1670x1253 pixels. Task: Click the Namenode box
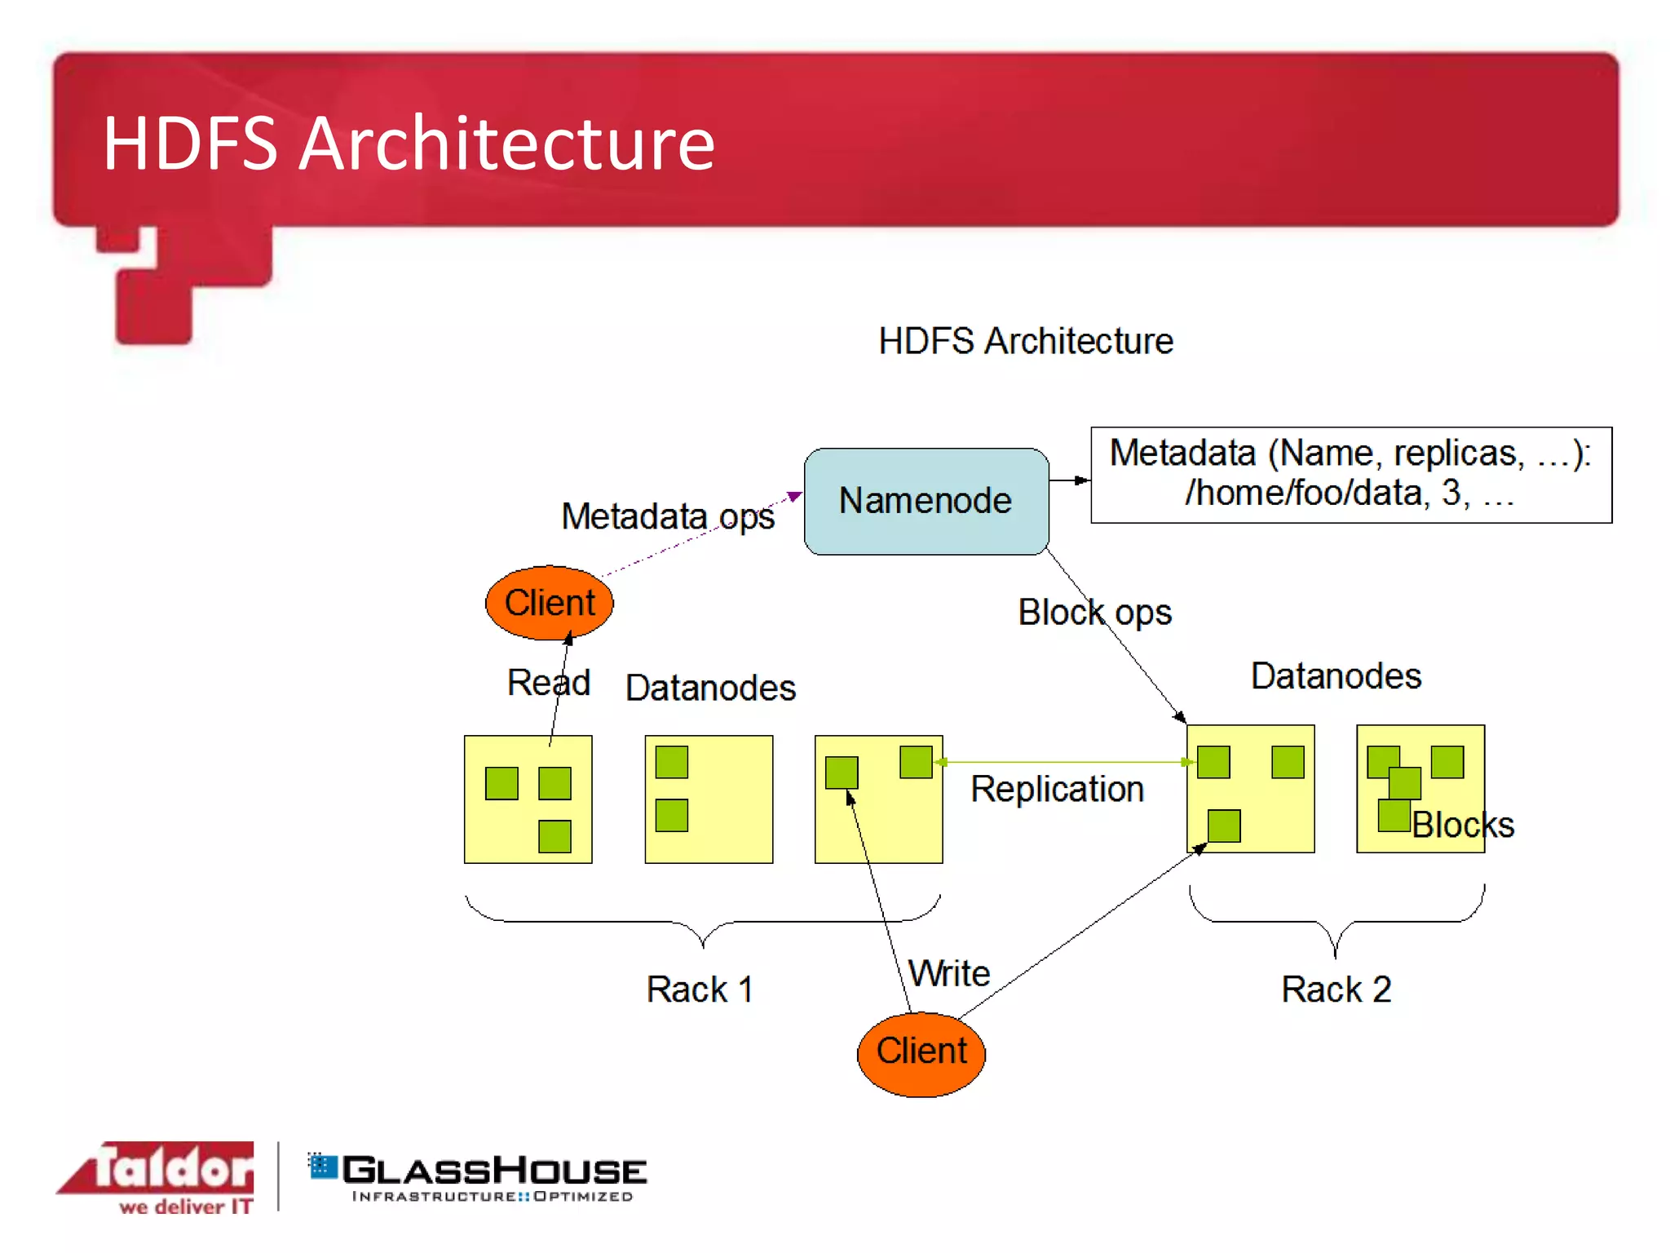click(x=926, y=501)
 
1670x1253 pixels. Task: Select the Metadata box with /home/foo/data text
click(x=1350, y=474)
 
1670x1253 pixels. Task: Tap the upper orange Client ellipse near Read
click(x=549, y=603)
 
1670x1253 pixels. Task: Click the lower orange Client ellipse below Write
click(x=921, y=1053)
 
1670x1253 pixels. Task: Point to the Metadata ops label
click(x=667, y=516)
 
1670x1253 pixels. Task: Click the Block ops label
click(x=1094, y=612)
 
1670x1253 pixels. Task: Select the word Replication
click(x=1057, y=789)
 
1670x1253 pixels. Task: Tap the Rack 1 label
click(x=699, y=989)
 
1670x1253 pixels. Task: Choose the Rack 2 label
click(x=1336, y=989)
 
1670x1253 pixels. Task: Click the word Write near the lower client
click(x=949, y=973)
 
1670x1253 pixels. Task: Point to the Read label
click(x=548, y=682)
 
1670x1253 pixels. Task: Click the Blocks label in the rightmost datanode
click(x=1463, y=825)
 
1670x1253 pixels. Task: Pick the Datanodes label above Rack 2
click(x=1336, y=675)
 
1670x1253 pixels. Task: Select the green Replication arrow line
click(x=1064, y=762)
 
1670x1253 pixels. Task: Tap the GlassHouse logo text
click(x=493, y=1171)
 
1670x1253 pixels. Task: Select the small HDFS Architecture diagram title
click(x=1025, y=340)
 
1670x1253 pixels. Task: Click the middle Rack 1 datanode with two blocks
click(x=708, y=799)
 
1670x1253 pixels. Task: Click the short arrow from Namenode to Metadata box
click(x=1069, y=480)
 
